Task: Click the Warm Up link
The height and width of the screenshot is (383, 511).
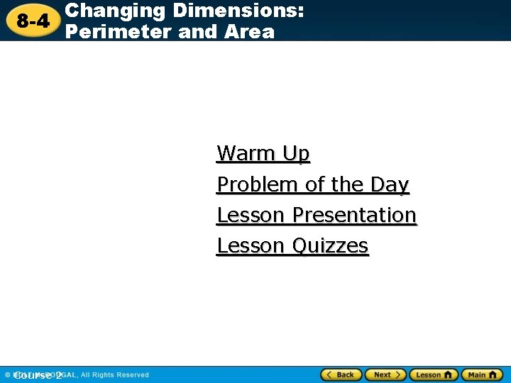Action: (263, 153)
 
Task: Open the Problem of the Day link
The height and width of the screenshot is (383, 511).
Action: (313, 184)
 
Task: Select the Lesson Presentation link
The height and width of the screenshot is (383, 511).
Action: (317, 215)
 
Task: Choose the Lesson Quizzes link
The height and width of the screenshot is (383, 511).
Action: (292, 246)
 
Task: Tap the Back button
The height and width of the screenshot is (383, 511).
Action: (341, 374)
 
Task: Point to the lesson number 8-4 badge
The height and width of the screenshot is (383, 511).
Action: (33, 21)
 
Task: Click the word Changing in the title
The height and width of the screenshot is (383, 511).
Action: (115, 11)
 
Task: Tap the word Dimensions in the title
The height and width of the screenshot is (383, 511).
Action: (237, 11)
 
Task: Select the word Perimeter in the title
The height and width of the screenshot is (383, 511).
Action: (114, 31)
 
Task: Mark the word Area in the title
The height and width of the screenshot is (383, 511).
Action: (248, 31)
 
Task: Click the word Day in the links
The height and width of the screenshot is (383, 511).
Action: (390, 184)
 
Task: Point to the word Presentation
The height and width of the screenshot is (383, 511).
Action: (354, 215)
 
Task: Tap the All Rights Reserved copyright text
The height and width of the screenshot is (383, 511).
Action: (114, 374)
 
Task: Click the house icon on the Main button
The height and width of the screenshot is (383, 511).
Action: (492, 374)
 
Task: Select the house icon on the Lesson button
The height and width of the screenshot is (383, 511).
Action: (447, 374)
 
